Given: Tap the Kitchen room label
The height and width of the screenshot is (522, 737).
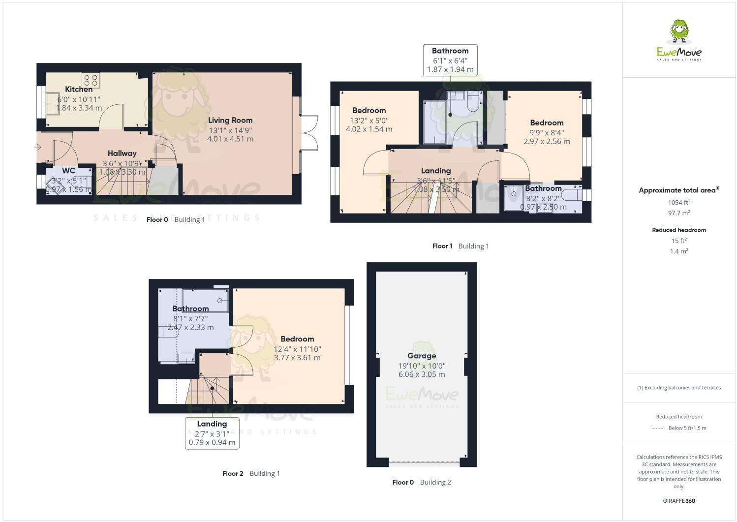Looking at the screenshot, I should [79, 90].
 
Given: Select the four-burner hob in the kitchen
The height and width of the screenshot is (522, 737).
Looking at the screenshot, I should [91, 80].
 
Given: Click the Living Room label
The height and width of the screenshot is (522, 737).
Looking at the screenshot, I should [230, 120].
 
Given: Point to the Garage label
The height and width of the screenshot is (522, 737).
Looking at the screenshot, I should [422, 356].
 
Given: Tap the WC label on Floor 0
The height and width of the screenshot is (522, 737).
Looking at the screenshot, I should [69, 171].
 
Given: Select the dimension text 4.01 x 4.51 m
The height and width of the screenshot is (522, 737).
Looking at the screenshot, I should [230, 139].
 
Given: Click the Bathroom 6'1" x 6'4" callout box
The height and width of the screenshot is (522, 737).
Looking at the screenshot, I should [450, 60].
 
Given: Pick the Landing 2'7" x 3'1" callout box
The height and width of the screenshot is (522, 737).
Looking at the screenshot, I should [212, 433].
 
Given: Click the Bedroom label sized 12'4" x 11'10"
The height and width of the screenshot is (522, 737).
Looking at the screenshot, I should [297, 339].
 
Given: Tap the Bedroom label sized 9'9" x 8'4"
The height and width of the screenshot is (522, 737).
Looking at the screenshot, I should [547, 123].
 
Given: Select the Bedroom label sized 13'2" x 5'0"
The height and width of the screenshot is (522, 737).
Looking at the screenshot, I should [369, 111].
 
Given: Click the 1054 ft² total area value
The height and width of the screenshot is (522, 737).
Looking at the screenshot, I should [679, 202].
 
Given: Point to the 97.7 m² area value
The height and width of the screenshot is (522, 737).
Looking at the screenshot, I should [679, 213].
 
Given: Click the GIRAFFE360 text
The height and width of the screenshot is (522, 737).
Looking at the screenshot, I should [679, 501].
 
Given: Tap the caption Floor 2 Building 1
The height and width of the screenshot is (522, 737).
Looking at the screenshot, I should [251, 473].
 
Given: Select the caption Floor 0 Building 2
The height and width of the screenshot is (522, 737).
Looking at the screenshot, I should [422, 482].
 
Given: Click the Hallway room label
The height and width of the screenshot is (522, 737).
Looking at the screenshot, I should [122, 154].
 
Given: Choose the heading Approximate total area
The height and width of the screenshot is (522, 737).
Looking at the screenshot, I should [678, 190].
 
